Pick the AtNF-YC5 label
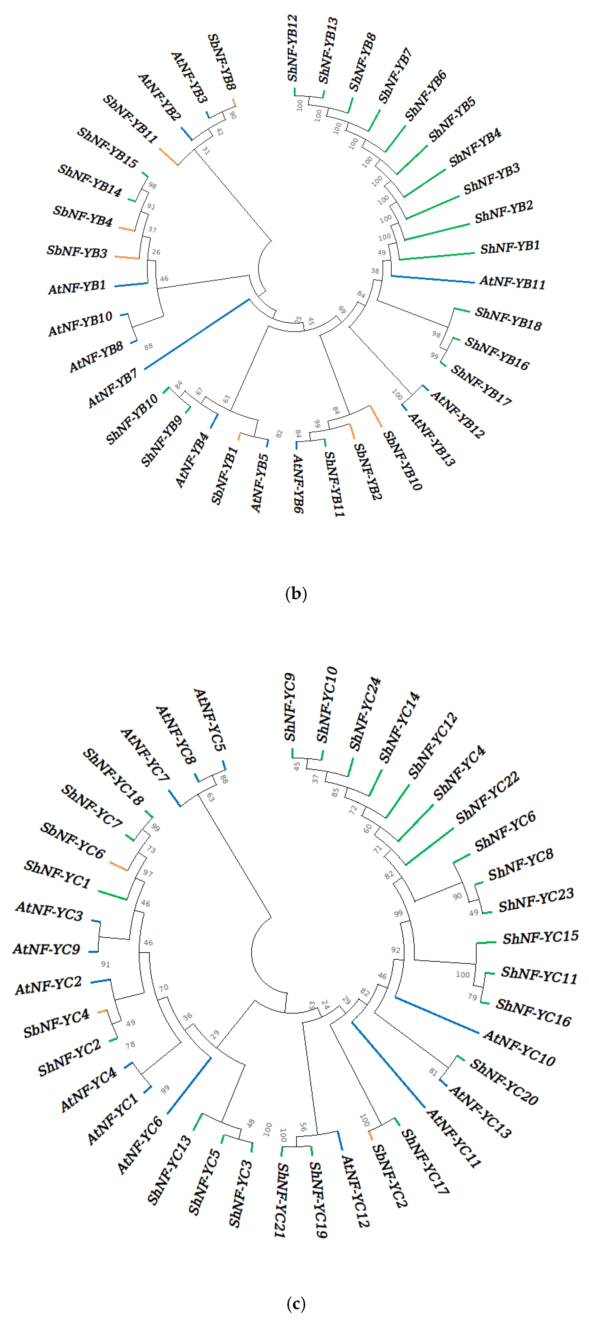tap(210, 720)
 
